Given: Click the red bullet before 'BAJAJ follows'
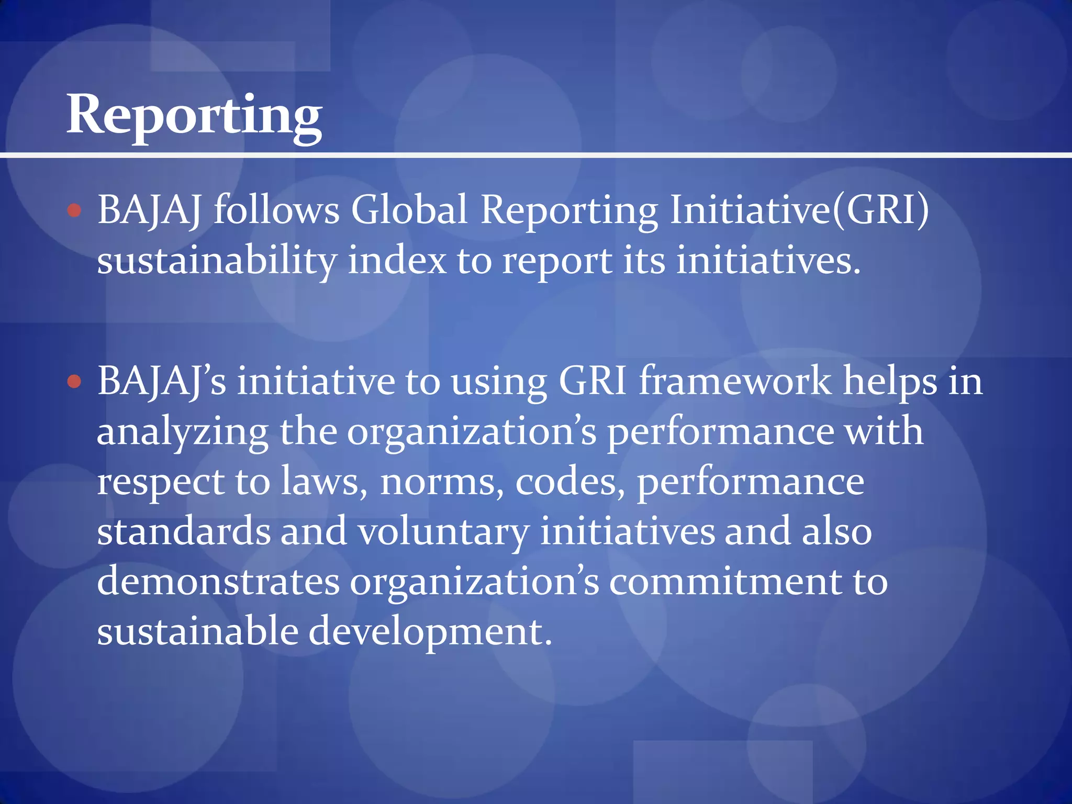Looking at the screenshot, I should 75,210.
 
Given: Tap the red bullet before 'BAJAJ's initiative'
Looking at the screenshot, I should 75,382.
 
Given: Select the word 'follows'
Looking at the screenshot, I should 276,209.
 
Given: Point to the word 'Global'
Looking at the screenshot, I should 409,209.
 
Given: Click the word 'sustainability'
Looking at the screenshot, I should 217,261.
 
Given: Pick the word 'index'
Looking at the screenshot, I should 397,261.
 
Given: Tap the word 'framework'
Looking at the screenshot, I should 735,381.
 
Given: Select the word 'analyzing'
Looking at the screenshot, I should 183,432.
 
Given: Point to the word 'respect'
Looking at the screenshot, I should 161,483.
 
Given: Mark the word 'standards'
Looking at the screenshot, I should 184,531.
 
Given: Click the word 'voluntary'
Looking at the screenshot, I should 443,532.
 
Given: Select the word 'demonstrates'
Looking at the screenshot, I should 218,581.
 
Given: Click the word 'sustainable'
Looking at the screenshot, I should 197,631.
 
